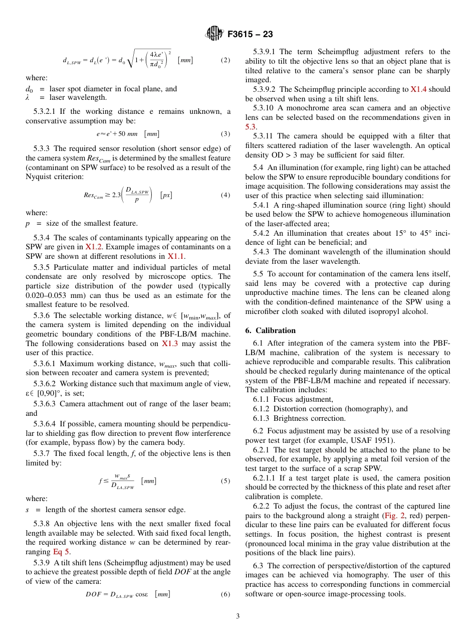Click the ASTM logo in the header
click(215, 34)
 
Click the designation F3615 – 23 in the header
click(250, 34)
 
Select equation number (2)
click(225, 60)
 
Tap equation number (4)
click(225, 195)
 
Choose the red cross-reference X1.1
click(176, 256)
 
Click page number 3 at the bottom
click(238, 616)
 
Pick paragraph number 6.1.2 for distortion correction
click(264, 409)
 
